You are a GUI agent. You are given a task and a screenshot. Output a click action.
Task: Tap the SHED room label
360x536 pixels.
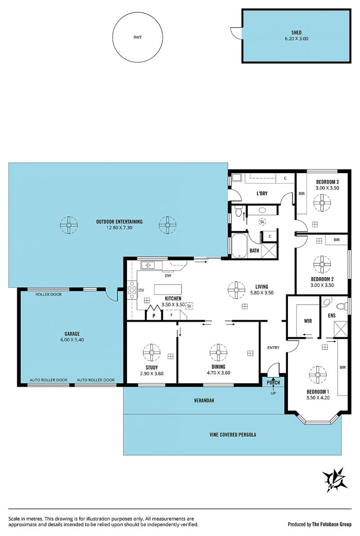[297, 32]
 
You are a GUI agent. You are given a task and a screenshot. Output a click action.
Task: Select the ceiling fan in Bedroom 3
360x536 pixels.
[322, 203]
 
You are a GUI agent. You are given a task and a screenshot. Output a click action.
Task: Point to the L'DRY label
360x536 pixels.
[262, 193]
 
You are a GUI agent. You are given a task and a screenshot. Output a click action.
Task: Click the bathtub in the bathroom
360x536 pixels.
[239, 245]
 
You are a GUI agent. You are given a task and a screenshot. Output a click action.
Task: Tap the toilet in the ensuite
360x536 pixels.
[342, 306]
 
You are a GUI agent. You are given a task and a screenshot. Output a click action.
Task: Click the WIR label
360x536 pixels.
[308, 321]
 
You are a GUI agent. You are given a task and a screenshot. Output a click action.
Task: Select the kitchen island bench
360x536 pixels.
[168, 289]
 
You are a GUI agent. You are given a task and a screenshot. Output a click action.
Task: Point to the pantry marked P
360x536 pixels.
[154, 313]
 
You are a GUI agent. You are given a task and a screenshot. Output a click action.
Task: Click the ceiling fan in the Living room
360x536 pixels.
[236, 290]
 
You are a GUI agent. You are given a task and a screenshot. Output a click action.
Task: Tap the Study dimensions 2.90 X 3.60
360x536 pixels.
[152, 374]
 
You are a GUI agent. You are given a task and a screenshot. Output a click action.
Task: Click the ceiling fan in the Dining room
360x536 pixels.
[218, 353]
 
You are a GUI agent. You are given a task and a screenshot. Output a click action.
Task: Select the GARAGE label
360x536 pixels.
[72, 334]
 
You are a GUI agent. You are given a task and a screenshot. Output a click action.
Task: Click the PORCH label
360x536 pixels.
[274, 383]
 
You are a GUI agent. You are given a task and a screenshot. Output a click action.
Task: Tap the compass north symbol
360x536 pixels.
[335, 480]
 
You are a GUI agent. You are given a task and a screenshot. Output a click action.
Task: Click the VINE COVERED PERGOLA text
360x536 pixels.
[233, 435]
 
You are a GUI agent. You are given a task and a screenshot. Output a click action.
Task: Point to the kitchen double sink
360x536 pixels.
[148, 264]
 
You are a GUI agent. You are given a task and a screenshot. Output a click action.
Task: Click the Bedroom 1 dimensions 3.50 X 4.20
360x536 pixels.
[318, 398]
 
